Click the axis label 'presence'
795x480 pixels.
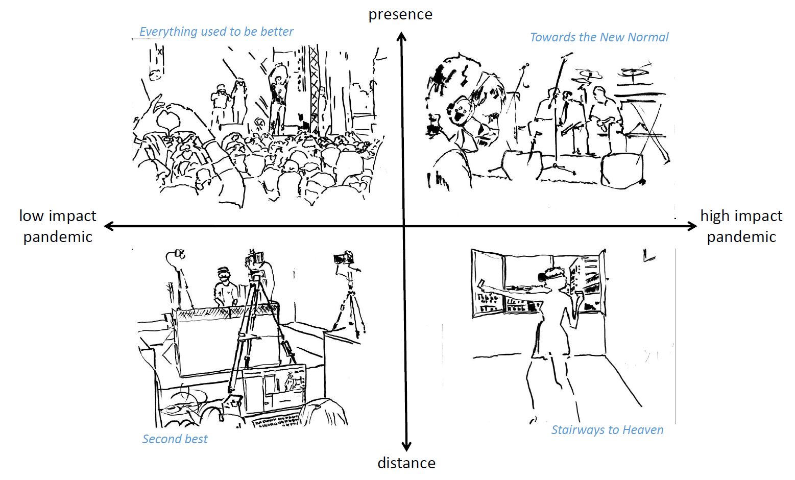click(x=400, y=15)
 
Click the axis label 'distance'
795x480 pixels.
click(x=406, y=463)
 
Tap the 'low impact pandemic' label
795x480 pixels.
click(x=58, y=226)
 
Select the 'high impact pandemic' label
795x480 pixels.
click(x=741, y=226)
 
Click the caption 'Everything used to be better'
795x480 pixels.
click(x=216, y=32)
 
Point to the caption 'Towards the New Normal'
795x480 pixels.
click(x=599, y=37)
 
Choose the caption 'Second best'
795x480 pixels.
click(x=175, y=439)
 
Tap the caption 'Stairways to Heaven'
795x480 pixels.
click(x=607, y=430)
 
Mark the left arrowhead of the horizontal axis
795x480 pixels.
click(x=109, y=226)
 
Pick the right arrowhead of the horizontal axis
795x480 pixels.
click(x=692, y=226)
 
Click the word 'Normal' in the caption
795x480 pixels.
click(x=648, y=37)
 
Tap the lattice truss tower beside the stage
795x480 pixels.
click(x=314, y=89)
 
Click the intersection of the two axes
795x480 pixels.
click(x=404, y=226)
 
